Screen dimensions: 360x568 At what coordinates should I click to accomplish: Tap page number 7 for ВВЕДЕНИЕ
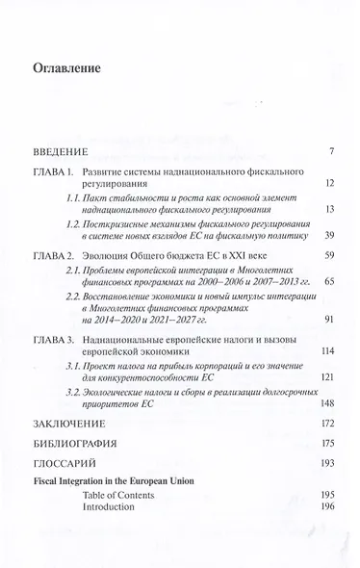[330, 151]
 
